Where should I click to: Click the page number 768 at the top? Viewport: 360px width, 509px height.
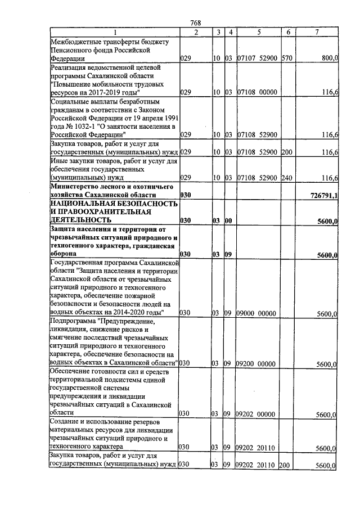point(196,23)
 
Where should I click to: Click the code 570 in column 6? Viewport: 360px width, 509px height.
point(286,58)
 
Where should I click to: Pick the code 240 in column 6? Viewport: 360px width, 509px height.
point(286,178)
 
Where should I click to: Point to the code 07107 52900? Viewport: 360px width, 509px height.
point(256,58)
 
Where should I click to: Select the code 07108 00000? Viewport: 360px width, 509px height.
point(256,92)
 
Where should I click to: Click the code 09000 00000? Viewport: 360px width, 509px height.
point(256,313)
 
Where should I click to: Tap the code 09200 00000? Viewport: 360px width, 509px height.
point(256,364)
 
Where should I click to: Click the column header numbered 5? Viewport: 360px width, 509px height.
point(258,32)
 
